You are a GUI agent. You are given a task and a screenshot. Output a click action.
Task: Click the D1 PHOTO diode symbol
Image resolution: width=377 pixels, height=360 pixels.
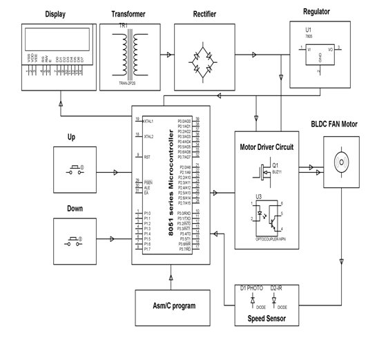tap(251, 301)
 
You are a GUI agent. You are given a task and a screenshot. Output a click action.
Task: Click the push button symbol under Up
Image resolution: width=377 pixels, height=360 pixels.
tap(75, 169)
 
